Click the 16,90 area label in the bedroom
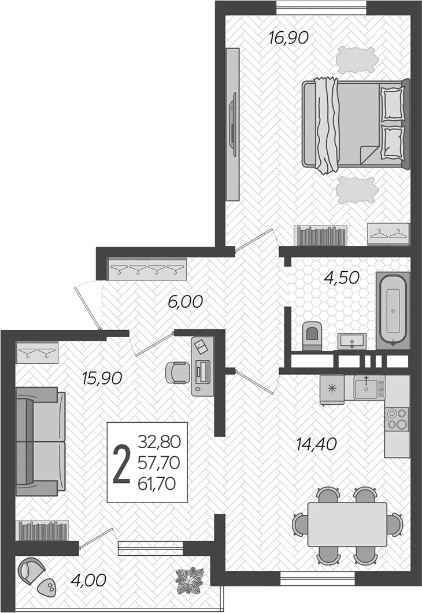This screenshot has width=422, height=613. pos(289,38)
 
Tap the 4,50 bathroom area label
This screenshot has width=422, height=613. pos(342,278)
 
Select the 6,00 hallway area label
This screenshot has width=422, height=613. pos(185,301)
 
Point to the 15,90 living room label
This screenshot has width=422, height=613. pos(102,378)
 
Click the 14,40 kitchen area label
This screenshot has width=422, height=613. pos(317,444)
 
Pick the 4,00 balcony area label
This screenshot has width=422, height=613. pos(88,580)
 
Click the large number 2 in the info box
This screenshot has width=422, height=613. pos(121,464)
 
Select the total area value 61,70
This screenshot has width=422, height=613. pos(157,483)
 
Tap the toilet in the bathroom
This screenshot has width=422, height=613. pos(312,335)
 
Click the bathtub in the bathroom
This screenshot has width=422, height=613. pos(393,311)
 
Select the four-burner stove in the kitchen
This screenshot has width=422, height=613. pos(397,419)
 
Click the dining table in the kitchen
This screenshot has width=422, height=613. pos(347,525)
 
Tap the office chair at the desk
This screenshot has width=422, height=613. pos(177,372)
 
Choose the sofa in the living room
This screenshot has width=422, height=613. pos(40,441)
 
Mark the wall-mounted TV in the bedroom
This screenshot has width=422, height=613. pos(234,124)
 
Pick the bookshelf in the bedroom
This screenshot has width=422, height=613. pos(320,235)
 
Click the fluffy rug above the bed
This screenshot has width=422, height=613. pos(357,60)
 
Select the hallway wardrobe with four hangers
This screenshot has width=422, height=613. pos(147,269)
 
